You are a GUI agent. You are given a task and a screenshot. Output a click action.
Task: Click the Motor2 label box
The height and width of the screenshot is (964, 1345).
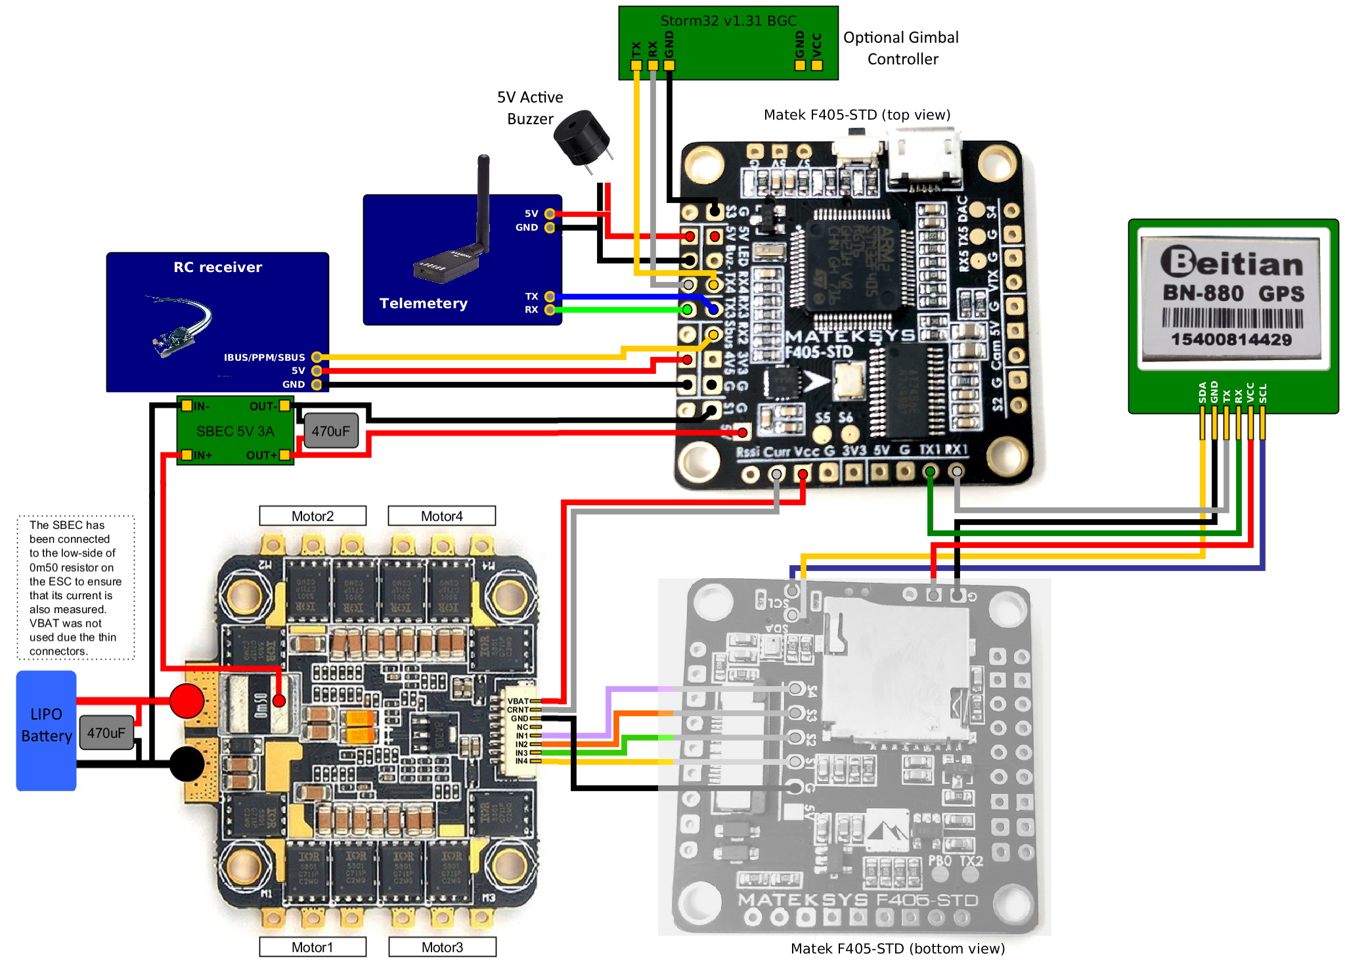313,516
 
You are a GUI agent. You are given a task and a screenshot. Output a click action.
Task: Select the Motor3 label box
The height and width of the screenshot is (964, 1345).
442,947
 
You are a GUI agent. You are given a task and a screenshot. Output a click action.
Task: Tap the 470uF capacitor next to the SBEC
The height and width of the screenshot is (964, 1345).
331,431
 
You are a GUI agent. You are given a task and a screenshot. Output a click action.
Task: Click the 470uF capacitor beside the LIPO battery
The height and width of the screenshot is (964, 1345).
106,733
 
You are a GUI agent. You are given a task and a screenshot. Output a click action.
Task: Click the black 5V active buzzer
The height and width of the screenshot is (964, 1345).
582,138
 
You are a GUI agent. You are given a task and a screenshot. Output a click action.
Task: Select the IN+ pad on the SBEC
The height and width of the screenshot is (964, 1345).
187,455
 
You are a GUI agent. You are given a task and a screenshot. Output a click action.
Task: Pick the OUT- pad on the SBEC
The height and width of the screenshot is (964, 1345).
284,405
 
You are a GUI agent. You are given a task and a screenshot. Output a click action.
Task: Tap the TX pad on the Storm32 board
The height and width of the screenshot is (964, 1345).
636,65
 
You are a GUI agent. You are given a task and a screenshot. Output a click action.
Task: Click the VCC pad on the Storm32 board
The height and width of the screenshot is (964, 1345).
817,65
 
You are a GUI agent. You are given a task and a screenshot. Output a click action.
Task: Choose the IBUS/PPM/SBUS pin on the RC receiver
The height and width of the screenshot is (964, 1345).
317,357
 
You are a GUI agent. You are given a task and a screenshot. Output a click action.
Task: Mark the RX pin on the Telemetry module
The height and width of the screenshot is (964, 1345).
550,310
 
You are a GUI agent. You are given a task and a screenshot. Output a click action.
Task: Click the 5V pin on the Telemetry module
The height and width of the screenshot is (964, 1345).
550,214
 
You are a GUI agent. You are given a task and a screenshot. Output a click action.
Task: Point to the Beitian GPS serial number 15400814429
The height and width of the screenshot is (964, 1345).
1231,340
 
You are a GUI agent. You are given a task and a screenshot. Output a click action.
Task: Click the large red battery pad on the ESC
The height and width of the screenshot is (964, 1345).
187,700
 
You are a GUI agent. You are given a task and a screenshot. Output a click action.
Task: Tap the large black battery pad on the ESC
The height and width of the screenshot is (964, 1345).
187,764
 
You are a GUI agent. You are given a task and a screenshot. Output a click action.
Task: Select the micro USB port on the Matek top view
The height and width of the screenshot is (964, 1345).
924,158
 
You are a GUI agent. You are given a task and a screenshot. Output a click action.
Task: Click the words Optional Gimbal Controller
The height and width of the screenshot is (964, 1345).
901,48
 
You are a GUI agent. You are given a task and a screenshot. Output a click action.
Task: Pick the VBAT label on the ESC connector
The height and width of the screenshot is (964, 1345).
518,701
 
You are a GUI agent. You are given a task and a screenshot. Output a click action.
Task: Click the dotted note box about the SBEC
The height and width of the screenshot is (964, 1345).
76,587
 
